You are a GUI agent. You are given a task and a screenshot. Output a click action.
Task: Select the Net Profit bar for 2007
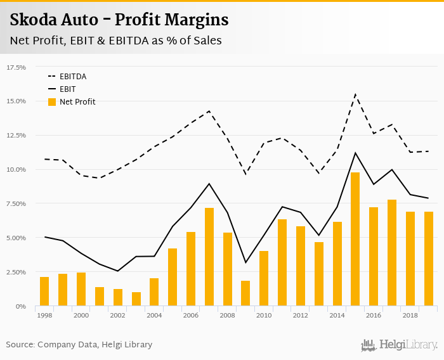pos(209,257)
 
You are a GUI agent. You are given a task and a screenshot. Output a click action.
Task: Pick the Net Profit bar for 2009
pos(245,293)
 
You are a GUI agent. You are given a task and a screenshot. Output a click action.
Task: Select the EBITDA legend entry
pos(72,77)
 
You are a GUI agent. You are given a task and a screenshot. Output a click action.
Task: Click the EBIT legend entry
pos(67,89)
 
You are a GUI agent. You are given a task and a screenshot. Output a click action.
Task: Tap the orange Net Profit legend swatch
pos(52,101)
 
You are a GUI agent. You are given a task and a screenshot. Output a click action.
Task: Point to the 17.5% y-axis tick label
pos(16,67)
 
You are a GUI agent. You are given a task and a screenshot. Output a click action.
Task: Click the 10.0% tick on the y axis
pos(16,169)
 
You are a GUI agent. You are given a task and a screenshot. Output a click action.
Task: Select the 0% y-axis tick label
pos(20,306)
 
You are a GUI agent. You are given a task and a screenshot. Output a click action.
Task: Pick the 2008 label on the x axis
pos(228,315)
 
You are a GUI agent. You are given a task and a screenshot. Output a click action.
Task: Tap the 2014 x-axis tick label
pos(337,315)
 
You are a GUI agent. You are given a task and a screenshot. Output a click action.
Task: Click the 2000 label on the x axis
pos(81,315)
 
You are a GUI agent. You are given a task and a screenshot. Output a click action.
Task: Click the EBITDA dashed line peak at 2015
pos(355,94)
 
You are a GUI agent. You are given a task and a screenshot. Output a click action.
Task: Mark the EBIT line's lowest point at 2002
pos(117,271)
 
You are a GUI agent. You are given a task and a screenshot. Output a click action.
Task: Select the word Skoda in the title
pos(32,20)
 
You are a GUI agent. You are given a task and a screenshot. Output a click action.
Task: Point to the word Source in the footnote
pos(20,345)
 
